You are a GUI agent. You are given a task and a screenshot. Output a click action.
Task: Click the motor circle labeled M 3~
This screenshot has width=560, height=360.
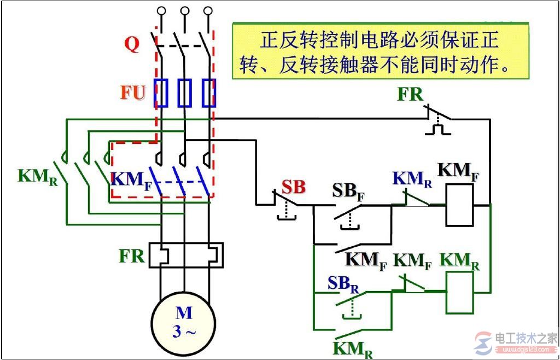tap(184, 323)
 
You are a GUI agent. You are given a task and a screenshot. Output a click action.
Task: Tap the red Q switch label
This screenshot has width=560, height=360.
tap(132, 44)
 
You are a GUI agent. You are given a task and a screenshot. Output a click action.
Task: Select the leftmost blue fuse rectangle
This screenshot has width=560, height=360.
tap(160, 92)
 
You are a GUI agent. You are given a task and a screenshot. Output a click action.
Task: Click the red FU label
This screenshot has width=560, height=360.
tap(133, 93)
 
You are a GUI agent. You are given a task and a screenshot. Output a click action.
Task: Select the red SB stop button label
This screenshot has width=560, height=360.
tap(294, 187)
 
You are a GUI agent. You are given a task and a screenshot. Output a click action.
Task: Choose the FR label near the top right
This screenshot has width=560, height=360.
tap(410, 95)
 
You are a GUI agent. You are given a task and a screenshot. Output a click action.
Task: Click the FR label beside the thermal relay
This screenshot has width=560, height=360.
tap(132, 256)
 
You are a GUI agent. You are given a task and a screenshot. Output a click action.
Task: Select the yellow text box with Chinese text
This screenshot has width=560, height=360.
tap(381, 51)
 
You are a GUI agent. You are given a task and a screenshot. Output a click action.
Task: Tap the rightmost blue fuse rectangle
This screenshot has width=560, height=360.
tap(209, 92)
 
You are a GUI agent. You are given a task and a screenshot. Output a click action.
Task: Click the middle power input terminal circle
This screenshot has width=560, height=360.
tap(185, 10)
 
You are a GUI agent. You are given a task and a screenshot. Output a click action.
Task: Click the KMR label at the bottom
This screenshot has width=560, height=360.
tap(353, 349)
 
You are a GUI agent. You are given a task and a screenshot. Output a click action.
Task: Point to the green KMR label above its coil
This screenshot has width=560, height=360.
tap(460, 262)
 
